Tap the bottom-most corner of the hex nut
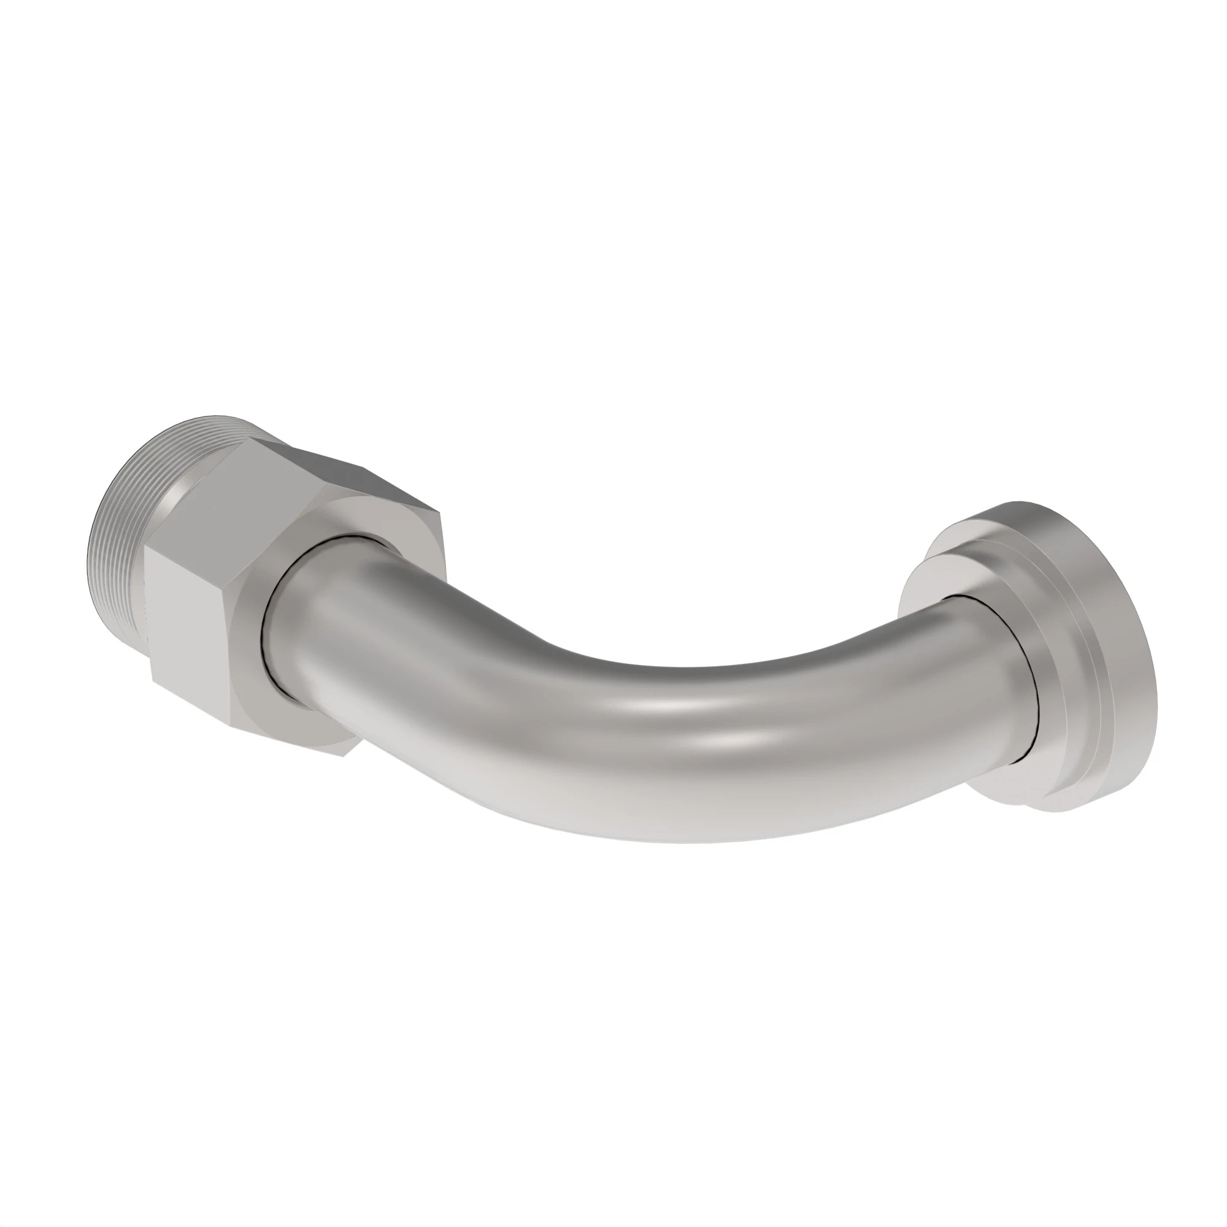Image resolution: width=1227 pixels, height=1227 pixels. click(345, 756)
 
